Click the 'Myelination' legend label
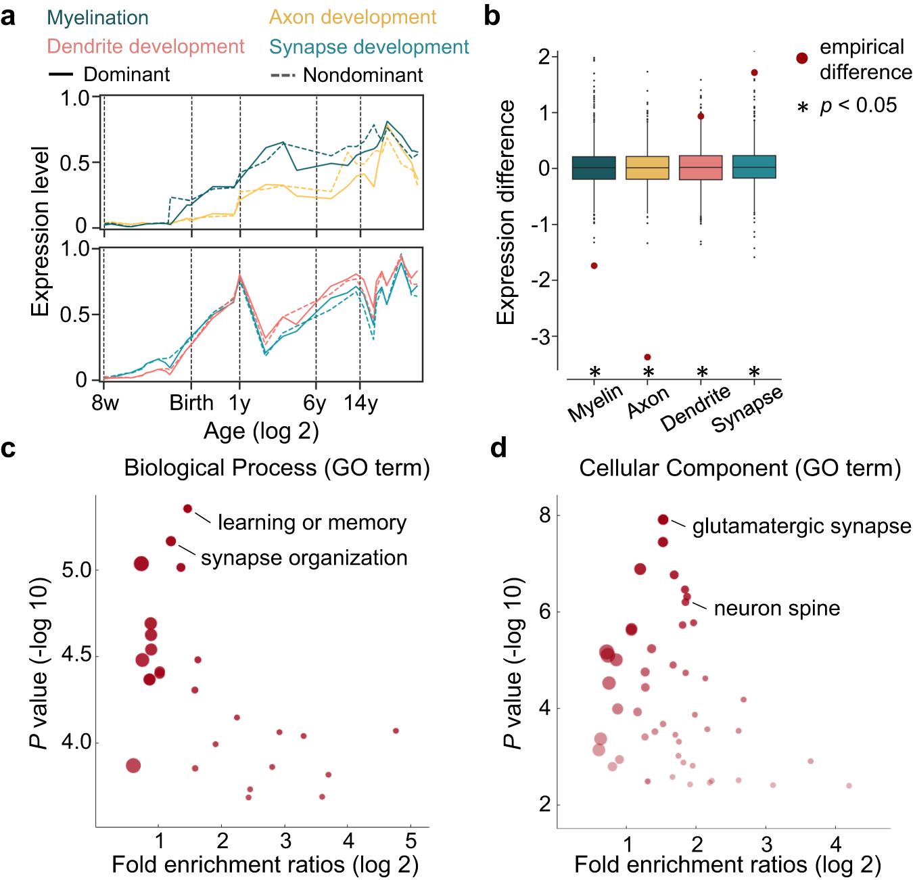point(97,18)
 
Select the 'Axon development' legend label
point(352,17)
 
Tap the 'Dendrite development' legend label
point(145,47)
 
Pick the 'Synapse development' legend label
point(369,47)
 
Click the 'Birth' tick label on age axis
point(191,403)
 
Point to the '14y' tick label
point(360,403)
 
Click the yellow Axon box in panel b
point(647,168)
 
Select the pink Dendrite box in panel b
point(701,168)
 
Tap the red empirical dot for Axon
point(647,357)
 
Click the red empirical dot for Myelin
point(594,266)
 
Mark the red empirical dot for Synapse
point(754,73)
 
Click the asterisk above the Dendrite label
point(702,372)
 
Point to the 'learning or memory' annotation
point(312,523)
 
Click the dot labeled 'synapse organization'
point(171,541)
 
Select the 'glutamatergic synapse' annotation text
point(801,526)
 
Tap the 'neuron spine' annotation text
point(776,608)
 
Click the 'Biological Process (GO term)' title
point(277,468)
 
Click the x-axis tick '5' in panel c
point(411,841)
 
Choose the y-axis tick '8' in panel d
point(545,515)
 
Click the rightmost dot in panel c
point(396,731)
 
